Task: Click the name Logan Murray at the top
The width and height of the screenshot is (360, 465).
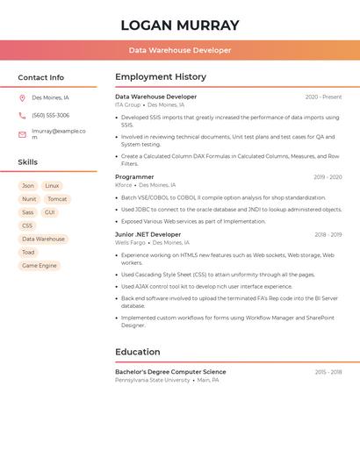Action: [180, 25]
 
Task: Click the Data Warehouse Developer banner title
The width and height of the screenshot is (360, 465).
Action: [180, 51]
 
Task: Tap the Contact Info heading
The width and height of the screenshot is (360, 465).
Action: [40, 77]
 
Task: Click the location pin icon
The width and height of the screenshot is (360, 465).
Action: [22, 98]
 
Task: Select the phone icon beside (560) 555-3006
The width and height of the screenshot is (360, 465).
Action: [22, 115]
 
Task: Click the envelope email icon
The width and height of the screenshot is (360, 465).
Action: [22, 134]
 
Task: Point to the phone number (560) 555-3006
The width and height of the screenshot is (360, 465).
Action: [50, 115]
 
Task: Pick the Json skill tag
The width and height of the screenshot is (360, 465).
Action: [28, 186]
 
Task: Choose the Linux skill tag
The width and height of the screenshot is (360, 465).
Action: [52, 186]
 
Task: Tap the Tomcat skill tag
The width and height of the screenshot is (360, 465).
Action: [57, 199]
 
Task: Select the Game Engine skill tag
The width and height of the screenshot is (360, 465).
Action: [40, 265]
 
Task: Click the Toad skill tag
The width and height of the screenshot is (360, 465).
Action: [28, 252]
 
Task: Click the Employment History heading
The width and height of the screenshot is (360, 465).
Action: [161, 77]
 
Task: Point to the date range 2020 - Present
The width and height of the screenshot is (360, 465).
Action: [323, 97]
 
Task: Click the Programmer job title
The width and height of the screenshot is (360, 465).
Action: [134, 177]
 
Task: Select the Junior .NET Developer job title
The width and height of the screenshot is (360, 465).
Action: [148, 235]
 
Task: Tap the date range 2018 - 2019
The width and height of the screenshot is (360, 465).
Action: [328, 235]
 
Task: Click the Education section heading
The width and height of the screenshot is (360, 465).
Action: [138, 353]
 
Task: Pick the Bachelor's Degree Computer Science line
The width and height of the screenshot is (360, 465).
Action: [170, 372]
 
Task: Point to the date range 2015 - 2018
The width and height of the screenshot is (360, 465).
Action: [328, 372]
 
